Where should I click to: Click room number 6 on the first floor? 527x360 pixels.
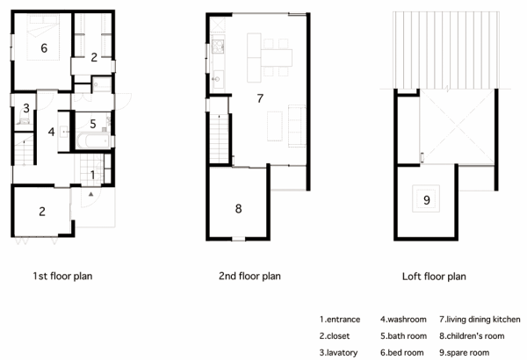click(44, 48)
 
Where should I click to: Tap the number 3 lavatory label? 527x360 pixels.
click(26, 108)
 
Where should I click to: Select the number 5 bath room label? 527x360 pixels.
click(93, 124)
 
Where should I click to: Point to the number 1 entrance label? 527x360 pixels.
click(92, 175)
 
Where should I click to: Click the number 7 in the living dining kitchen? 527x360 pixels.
click(260, 98)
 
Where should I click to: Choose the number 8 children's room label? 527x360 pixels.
click(238, 209)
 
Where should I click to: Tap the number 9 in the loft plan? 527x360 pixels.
click(427, 200)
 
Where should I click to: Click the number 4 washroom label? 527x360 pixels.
click(51, 132)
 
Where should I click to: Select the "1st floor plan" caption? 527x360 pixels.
click(62, 277)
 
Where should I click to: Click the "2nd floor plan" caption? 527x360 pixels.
click(249, 277)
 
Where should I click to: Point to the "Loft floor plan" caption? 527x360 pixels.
click(434, 277)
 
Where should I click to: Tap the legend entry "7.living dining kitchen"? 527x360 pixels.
click(480, 320)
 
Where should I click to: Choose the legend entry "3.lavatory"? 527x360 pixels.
click(338, 353)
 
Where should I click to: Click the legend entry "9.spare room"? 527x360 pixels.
click(464, 353)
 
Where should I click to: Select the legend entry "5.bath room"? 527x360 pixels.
click(404, 336)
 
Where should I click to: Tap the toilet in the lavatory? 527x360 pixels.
click(24, 120)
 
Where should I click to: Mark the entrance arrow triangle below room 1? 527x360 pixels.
click(90, 194)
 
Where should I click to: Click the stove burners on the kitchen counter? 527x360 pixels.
click(218, 47)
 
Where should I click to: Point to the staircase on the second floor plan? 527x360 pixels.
click(219, 139)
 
